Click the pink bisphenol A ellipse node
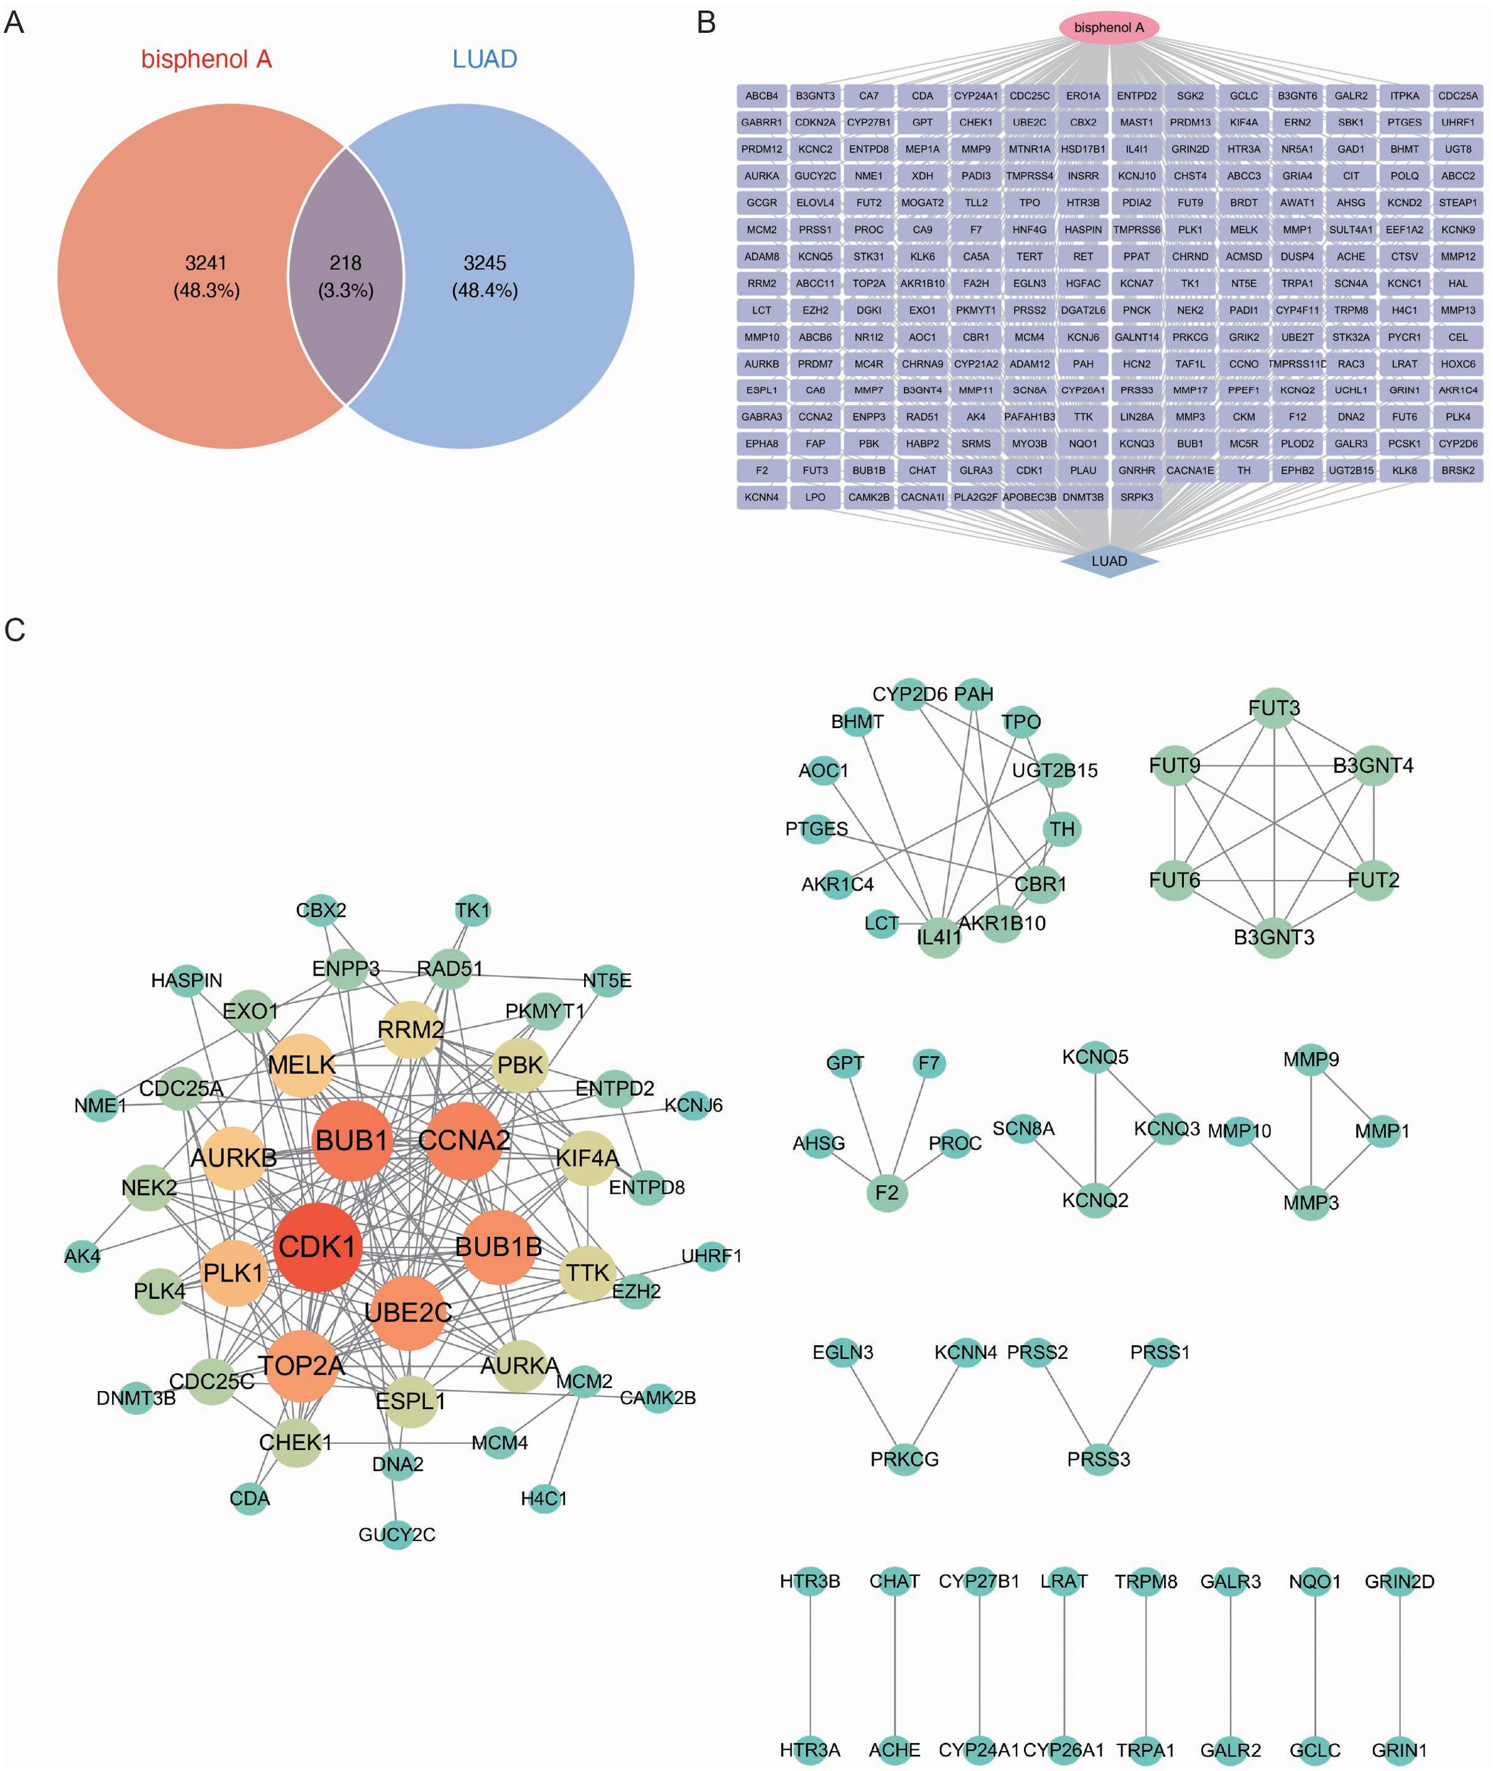click(1108, 27)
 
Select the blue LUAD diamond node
click(1108, 561)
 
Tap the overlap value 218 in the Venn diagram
click(345, 263)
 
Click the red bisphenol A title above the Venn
click(206, 59)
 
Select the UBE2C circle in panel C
click(408, 1312)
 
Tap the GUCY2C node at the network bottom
click(396, 1534)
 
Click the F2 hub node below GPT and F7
click(886, 1192)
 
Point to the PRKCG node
click(904, 1459)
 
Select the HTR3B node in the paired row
click(810, 1581)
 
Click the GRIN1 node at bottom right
click(1399, 1750)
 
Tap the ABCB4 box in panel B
click(761, 96)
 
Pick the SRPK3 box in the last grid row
click(1136, 497)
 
